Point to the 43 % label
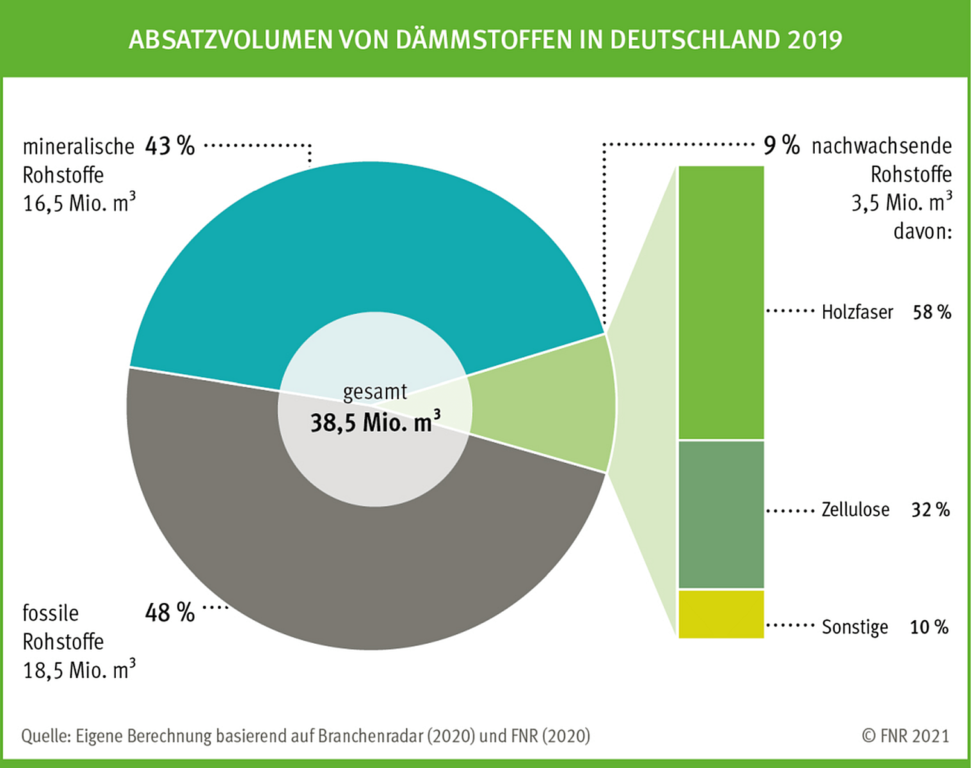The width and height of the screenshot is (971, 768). pos(170,147)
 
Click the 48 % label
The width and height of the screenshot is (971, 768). pos(170,612)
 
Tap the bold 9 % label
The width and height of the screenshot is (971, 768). pos(782,145)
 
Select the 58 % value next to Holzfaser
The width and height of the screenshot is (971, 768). pos(931,312)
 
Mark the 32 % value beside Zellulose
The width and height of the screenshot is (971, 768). pos(930,510)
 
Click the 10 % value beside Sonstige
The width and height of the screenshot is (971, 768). pos(929,627)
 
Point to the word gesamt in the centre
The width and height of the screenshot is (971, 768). pos(375,392)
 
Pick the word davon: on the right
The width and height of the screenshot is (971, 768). pos(922,231)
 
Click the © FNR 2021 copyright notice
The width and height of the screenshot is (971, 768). pos(905,736)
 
